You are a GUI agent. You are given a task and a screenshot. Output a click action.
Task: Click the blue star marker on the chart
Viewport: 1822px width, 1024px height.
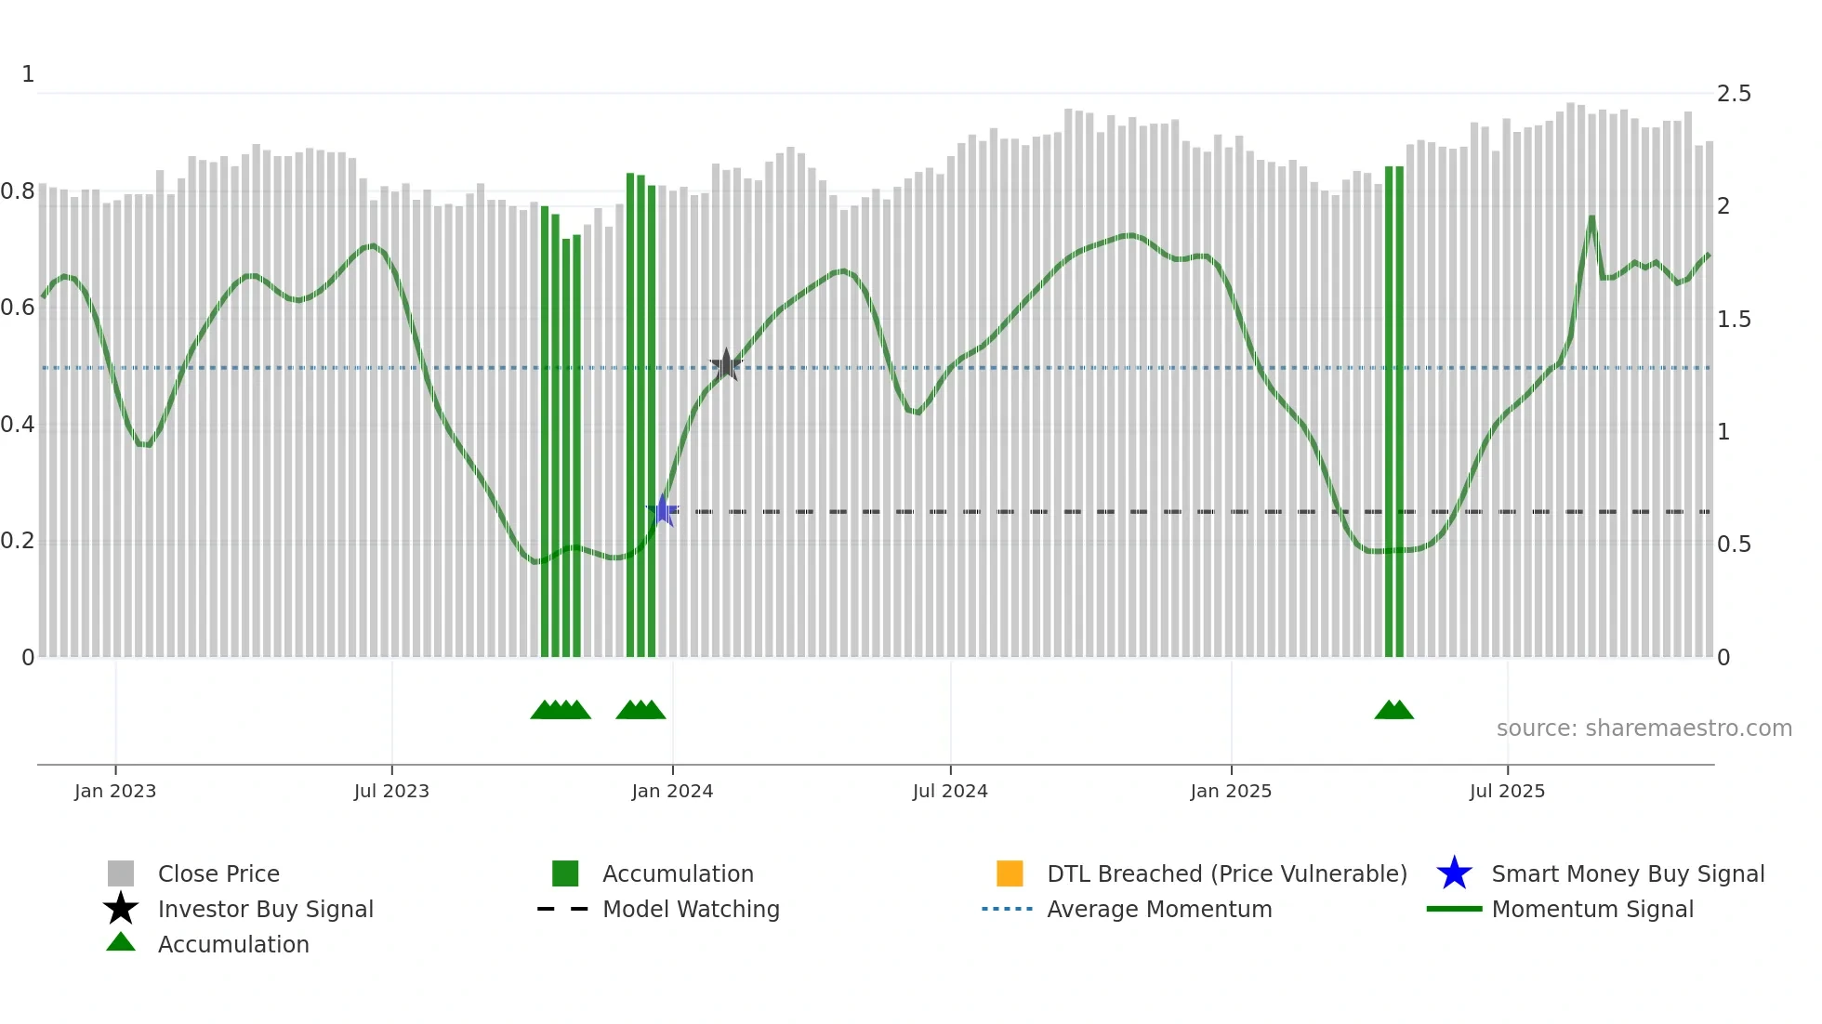click(x=663, y=510)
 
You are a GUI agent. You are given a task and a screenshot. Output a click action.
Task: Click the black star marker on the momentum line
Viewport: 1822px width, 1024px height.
click(x=726, y=364)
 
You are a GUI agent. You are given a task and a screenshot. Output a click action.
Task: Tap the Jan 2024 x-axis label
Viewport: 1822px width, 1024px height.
click(x=672, y=791)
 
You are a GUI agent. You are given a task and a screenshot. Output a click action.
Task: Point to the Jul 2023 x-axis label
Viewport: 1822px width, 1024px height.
click(x=391, y=791)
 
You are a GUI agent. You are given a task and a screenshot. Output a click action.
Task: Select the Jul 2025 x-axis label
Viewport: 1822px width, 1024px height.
click(x=1507, y=791)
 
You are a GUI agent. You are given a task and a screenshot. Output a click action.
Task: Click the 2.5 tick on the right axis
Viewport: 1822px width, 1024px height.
click(x=1734, y=94)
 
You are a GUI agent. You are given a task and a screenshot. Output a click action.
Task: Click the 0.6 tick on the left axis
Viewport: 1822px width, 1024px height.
click(x=18, y=308)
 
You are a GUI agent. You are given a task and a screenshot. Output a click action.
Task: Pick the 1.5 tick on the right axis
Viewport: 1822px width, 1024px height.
click(x=1734, y=320)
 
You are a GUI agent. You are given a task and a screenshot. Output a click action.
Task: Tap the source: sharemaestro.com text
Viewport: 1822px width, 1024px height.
click(x=1644, y=728)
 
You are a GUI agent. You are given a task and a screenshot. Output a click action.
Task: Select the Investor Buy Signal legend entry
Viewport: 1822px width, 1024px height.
click(x=265, y=909)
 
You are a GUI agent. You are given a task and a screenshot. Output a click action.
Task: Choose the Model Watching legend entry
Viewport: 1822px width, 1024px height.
click(x=690, y=909)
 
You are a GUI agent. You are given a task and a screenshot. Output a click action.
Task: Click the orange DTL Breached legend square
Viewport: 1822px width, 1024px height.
click(x=1010, y=873)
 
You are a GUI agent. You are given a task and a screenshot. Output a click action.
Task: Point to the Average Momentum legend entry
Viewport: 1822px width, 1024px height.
click(x=1158, y=909)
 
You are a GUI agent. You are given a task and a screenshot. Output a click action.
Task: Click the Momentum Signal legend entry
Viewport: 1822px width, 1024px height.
click(x=1591, y=909)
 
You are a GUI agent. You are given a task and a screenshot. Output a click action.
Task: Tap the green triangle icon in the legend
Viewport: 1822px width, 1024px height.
click(x=121, y=942)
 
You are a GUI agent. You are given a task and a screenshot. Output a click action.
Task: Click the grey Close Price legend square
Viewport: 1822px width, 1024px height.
click(x=121, y=873)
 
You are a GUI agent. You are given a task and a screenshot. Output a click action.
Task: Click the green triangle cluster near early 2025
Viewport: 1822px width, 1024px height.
click(x=1393, y=710)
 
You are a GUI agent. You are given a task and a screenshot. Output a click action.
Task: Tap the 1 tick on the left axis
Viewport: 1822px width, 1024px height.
click(x=28, y=74)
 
